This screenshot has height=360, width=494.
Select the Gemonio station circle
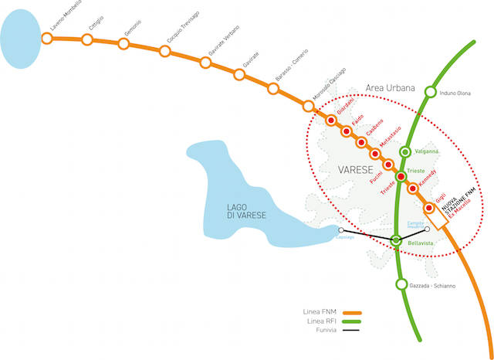(123, 43)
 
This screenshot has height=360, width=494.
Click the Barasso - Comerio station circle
(273, 87)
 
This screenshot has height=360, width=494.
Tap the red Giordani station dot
(330, 121)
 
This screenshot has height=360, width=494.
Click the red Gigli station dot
(428, 208)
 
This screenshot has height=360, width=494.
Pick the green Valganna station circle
(405, 151)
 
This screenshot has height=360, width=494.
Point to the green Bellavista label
(421, 243)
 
